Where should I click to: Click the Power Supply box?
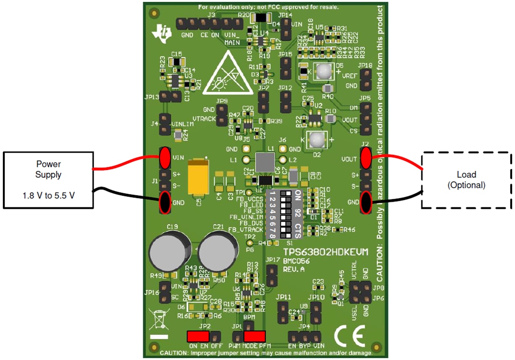[x=49, y=180]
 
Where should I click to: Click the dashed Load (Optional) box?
[x=466, y=180]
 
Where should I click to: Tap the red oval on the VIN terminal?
[x=165, y=157]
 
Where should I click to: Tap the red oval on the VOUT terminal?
[x=366, y=158]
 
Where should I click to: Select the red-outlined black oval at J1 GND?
[x=165, y=202]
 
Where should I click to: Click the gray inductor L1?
[x=265, y=162]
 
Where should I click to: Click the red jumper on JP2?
[x=198, y=336]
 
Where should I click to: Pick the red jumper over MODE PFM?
[x=255, y=336]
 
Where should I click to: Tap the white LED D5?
[x=323, y=71]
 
